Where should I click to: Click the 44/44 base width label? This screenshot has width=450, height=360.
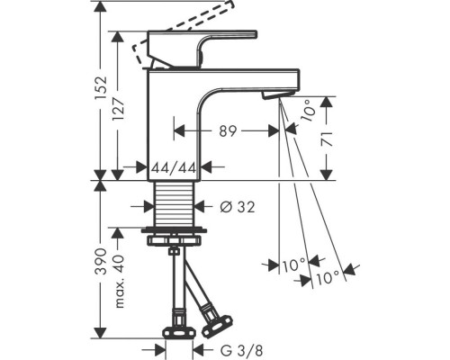tap(175, 166)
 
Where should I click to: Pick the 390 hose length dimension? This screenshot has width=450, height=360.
tap(101, 262)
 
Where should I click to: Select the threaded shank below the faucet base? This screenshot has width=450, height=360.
tap(174, 204)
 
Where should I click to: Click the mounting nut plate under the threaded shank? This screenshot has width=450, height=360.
tap(176, 238)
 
